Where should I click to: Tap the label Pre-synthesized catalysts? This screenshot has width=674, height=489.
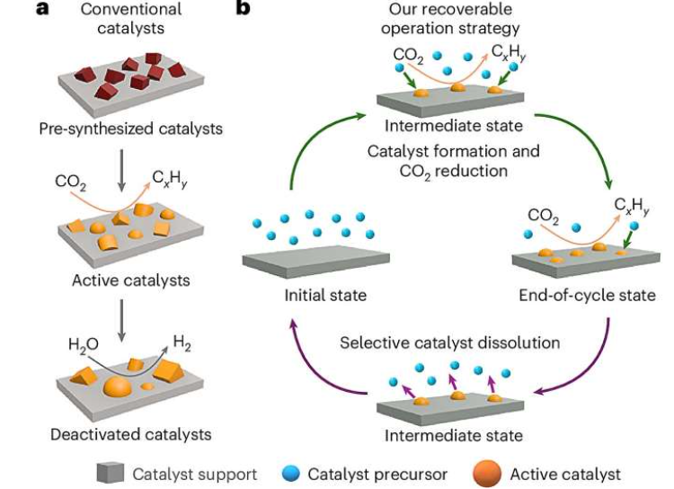(x=131, y=129)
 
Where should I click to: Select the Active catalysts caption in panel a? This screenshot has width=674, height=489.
(x=131, y=280)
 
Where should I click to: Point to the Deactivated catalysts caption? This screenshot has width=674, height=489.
(x=131, y=434)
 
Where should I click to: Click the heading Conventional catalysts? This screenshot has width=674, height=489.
(x=130, y=18)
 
